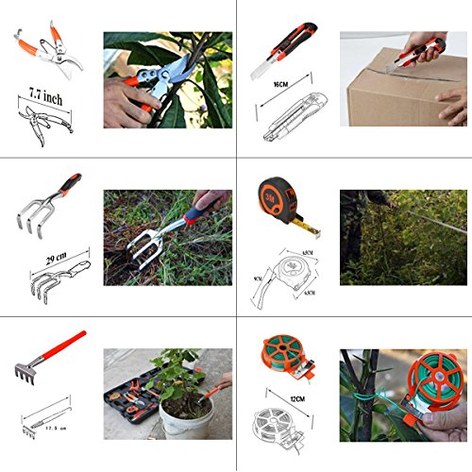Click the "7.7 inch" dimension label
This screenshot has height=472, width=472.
click(46, 96)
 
